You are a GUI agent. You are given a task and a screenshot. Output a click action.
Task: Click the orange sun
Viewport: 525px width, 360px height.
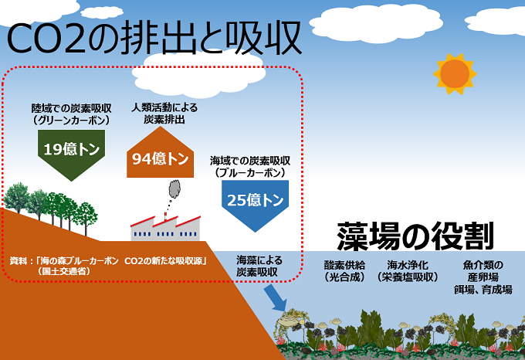(456, 73)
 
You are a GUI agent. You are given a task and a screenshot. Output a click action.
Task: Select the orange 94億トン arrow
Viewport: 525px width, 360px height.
(161, 155)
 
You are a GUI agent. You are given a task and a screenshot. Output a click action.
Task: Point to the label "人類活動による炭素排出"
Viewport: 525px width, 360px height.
(164, 114)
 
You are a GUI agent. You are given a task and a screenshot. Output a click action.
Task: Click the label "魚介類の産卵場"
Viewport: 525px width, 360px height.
(483, 270)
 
